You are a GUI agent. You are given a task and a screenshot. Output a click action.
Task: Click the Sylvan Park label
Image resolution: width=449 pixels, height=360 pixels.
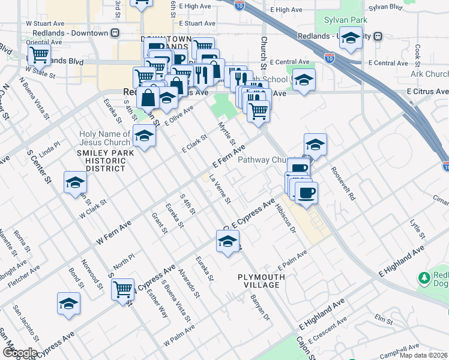pyautogui.click(x=345, y=20)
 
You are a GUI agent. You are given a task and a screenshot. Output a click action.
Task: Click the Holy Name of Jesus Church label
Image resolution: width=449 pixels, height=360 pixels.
pyautogui.click(x=105, y=138)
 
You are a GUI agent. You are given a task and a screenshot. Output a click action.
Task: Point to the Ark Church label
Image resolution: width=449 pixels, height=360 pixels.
pyautogui.click(x=426, y=74)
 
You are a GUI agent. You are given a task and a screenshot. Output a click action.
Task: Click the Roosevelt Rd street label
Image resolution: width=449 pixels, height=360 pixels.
pyautogui.click(x=343, y=187)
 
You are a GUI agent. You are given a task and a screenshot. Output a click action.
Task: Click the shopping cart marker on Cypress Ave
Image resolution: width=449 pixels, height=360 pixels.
pyautogui.click(x=123, y=289)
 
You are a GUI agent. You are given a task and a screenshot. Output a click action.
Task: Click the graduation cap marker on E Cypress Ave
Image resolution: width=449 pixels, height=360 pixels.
pyautogui.click(x=228, y=241)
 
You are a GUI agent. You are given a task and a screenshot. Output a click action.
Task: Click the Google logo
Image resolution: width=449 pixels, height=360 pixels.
pyautogui.click(x=19, y=353)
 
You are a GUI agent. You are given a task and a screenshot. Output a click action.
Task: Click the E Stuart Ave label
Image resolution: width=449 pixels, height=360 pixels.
pyautogui.click(x=192, y=23)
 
